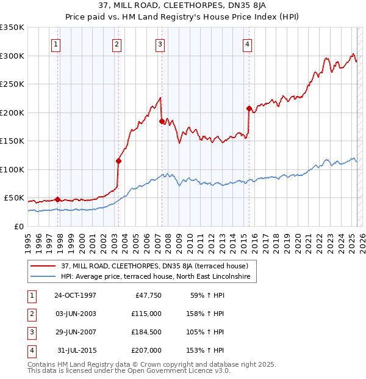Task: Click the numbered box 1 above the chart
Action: click(56, 43)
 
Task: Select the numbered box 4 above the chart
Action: click(247, 43)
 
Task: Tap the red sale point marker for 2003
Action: click(118, 161)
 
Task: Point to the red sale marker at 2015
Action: click(249, 109)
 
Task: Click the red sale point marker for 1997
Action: click(58, 199)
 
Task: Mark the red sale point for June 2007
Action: click(162, 122)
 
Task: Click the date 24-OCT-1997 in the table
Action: click(75, 295)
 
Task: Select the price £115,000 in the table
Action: click(146, 314)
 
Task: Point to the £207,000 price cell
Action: click(146, 351)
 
